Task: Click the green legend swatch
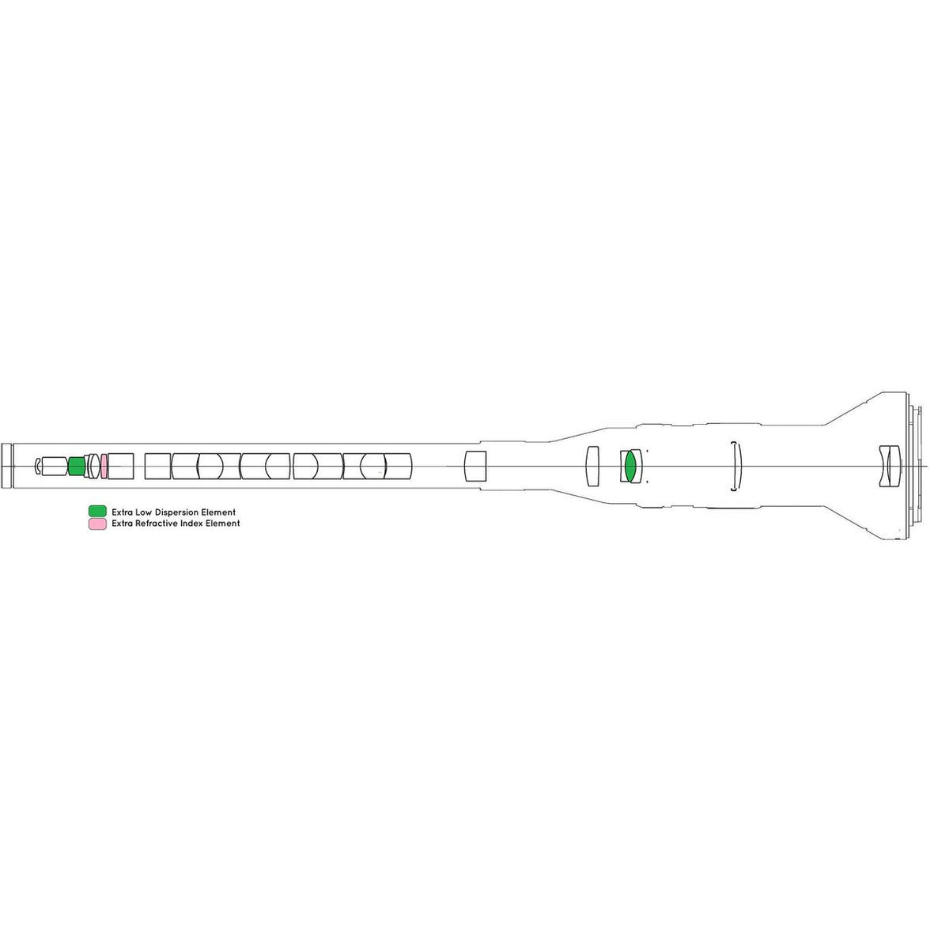(x=97, y=511)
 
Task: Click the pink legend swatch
(x=97, y=524)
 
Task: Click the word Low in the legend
(x=144, y=512)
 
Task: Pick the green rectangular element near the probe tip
(x=77, y=467)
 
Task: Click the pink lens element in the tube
(x=104, y=467)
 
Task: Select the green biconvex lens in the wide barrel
(x=629, y=467)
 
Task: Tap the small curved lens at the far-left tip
(x=38, y=467)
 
